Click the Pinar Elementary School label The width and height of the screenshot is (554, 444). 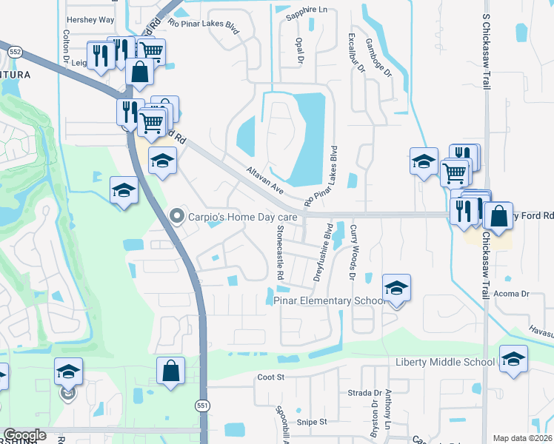point(330,300)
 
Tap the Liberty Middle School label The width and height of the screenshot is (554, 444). point(444,362)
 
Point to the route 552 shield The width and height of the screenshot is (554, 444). point(16,51)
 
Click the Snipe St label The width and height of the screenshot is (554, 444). point(312,422)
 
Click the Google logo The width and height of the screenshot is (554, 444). point(24,436)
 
